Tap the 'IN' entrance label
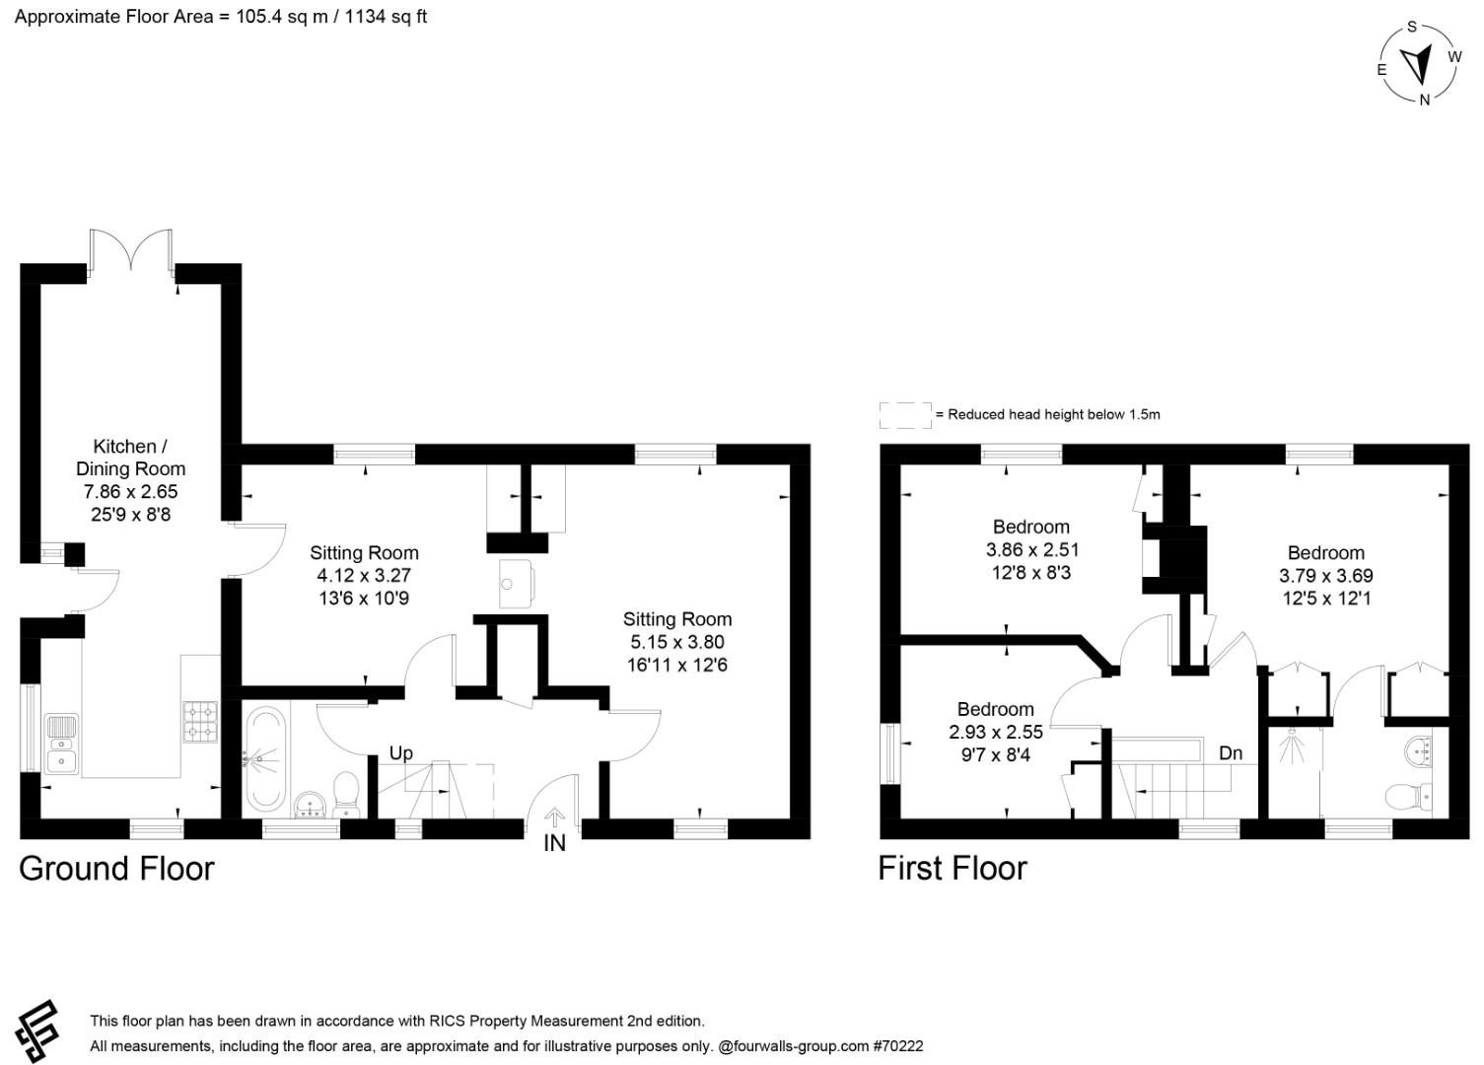click(554, 843)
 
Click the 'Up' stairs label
click(400, 753)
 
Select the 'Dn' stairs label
click(1231, 752)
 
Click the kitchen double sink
click(61, 745)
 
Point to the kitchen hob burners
click(200, 722)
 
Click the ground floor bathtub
click(265, 760)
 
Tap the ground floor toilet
click(346, 794)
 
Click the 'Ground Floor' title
click(116, 868)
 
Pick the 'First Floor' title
click(953, 868)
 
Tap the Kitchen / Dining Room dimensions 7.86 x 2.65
click(130, 492)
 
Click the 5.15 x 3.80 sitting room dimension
click(677, 642)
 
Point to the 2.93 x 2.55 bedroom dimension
click(996, 732)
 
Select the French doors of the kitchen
click(131, 251)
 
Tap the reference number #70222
click(898, 1046)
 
